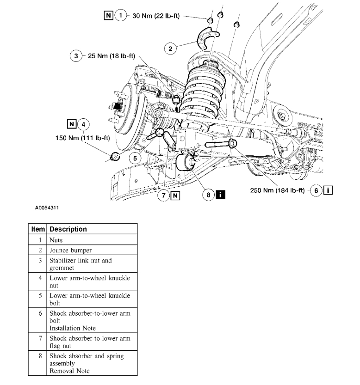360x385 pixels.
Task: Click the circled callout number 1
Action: point(121,16)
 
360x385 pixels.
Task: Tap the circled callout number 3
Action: point(75,56)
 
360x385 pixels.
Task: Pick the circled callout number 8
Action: point(208,195)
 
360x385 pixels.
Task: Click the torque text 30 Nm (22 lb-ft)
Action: point(156,16)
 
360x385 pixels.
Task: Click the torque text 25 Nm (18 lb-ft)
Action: point(110,56)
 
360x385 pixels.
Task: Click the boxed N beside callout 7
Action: point(175,195)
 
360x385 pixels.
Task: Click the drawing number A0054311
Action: point(47,208)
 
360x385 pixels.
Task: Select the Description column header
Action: point(68,229)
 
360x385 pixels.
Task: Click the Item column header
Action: point(38,229)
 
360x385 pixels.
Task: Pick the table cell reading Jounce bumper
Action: point(71,251)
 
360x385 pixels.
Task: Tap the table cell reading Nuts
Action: point(56,240)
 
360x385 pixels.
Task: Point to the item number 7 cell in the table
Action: point(40,338)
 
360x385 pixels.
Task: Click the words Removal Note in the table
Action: point(69,371)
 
